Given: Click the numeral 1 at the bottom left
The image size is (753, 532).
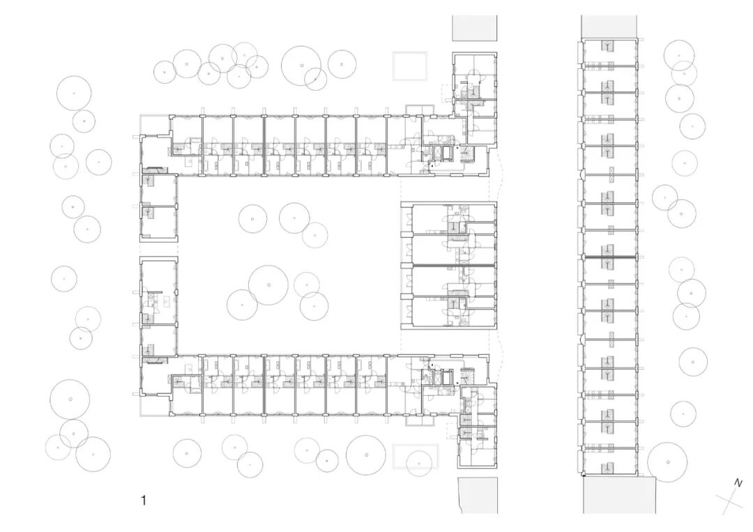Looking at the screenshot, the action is (x=144, y=500).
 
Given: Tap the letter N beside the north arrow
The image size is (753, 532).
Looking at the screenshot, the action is (x=738, y=482).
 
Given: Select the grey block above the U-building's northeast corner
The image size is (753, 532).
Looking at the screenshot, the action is (x=475, y=28).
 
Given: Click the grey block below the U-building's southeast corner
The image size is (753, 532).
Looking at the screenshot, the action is (x=478, y=495).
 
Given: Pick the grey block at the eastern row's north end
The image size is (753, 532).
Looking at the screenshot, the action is (x=609, y=26).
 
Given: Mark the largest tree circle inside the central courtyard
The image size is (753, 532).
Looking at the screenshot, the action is (x=268, y=285).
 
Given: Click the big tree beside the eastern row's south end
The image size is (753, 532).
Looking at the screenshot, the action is (x=667, y=462).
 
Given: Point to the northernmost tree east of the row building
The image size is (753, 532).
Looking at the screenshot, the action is (x=679, y=54).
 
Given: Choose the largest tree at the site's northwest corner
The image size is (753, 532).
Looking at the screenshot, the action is (x=74, y=93).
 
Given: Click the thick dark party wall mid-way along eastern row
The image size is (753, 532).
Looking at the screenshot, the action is (x=609, y=259).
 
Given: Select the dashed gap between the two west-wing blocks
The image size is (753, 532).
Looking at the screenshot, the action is (x=159, y=249).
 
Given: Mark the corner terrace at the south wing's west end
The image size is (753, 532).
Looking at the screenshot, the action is (x=154, y=405).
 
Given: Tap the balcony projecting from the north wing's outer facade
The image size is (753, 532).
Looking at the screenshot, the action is (x=414, y=109).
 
